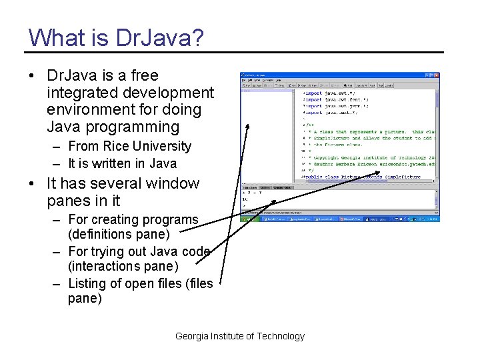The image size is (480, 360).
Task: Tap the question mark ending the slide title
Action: (198, 37)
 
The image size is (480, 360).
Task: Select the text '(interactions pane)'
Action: (123, 267)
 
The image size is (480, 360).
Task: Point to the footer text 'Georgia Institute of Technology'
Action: (240, 336)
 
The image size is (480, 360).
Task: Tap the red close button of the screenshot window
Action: (436, 75)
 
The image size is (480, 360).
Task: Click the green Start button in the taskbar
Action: (248, 218)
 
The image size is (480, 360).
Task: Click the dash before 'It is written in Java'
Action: (56, 163)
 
